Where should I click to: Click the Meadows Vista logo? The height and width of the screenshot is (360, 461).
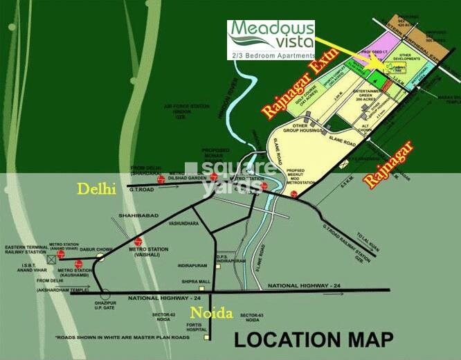point(271,39)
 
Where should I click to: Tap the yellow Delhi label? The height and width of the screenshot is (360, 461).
point(97,189)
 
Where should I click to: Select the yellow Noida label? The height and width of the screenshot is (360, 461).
point(213,313)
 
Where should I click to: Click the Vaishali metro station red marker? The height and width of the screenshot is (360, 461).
point(138,243)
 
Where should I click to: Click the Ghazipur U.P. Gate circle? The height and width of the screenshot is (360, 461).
point(105,291)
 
